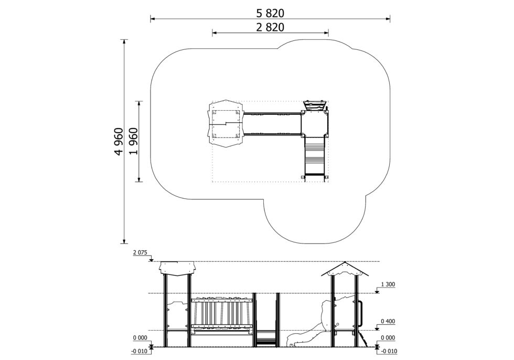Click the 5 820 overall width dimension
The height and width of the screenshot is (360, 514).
[x=270, y=13]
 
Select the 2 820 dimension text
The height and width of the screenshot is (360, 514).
[x=270, y=27]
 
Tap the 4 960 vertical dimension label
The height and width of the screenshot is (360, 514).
[x=119, y=141]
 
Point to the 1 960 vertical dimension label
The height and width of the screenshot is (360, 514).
[x=133, y=141]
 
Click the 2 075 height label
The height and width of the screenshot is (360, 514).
[x=141, y=252]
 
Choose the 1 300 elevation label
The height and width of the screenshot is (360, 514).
[x=388, y=284]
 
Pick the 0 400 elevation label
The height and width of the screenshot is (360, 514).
[x=388, y=321]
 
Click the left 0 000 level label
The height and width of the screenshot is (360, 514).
[x=141, y=337]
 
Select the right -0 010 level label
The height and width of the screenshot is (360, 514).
[x=389, y=351]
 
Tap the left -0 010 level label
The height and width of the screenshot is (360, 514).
[x=140, y=351]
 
